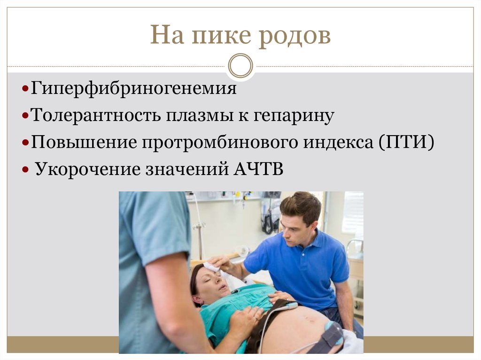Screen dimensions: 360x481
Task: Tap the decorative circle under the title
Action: click(240, 65)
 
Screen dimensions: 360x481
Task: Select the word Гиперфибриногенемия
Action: click(134, 89)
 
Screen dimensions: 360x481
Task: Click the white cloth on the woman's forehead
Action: click(212, 267)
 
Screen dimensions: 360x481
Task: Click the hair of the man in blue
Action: click(301, 207)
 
